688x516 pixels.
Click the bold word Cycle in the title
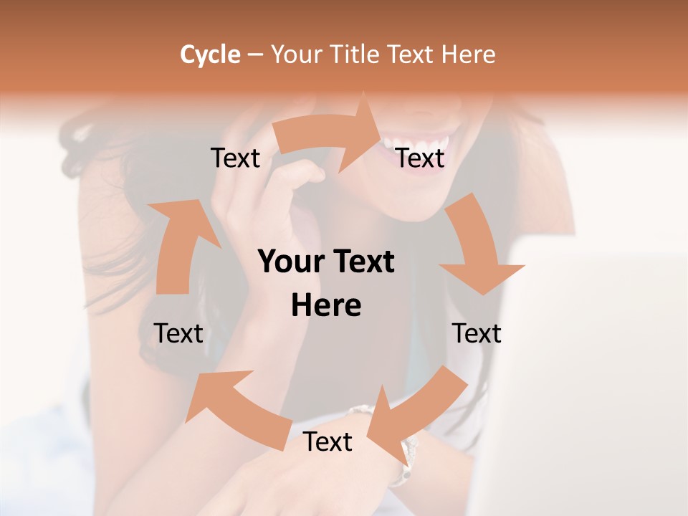tap(210, 54)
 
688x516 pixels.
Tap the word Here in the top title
tap(469, 54)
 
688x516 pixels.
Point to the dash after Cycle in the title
tap(254, 55)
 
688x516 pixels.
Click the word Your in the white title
tap(297, 54)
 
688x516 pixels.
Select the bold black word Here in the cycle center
tap(326, 305)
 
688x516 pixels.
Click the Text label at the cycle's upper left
tap(235, 158)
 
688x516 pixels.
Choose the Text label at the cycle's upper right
tap(420, 158)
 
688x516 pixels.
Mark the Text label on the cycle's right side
tap(477, 333)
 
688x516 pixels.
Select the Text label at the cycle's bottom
tap(328, 441)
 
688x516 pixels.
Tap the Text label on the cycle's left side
tap(178, 333)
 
